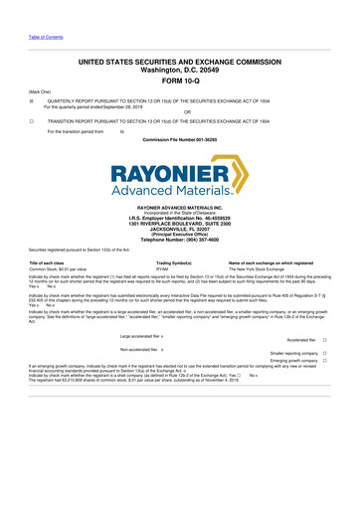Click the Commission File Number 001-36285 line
(x=179, y=140)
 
